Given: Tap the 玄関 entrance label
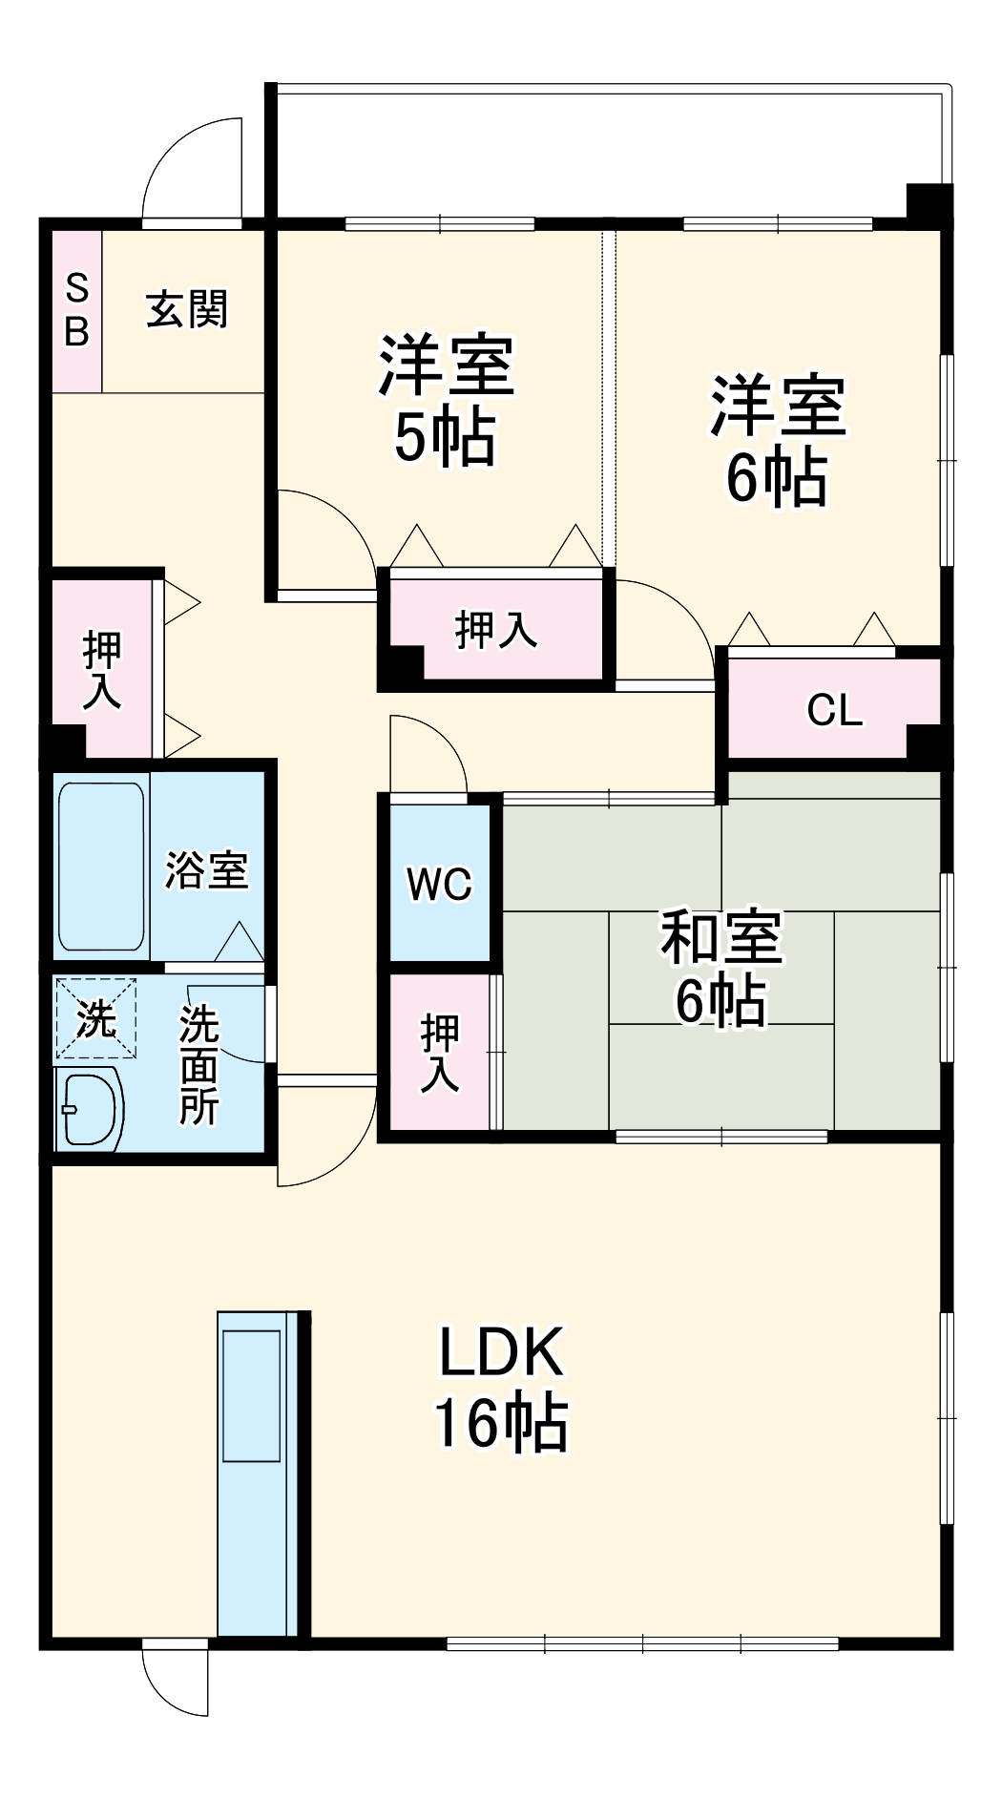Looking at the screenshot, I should (187, 310).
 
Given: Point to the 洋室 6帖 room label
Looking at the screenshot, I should (777, 440).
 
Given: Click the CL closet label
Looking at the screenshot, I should (835, 710).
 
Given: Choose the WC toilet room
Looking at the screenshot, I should (440, 884).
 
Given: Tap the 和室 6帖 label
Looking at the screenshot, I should (721, 967).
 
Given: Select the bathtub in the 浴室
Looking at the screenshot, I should (101, 867).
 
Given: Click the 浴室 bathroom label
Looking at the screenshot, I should (207, 869).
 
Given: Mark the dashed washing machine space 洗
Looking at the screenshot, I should (95, 1018).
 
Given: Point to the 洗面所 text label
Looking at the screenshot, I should (199, 1065).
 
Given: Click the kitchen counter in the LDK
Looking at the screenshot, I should (253, 1474).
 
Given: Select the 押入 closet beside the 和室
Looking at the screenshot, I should (440, 1053).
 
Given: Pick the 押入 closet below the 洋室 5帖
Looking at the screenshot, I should (496, 630).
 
